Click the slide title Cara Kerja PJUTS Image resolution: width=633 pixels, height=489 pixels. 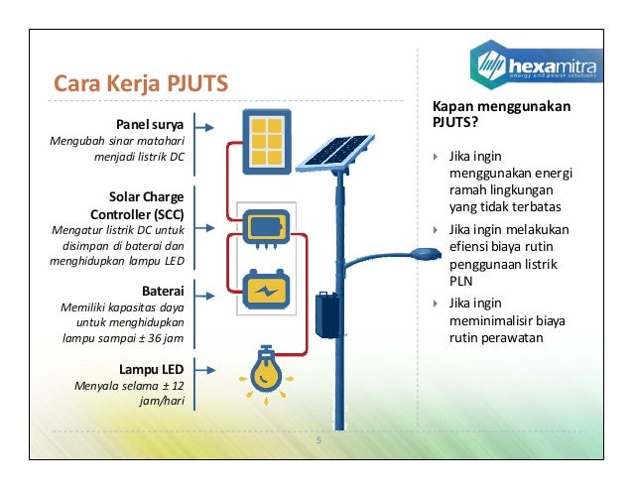click(x=140, y=82)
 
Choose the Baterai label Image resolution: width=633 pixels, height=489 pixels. click(x=164, y=292)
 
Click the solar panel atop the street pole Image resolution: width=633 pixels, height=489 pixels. click(x=335, y=149)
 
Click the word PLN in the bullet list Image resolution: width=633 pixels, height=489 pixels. click(x=459, y=282)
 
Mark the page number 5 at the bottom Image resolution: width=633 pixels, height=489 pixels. click(x=319, y=441)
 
